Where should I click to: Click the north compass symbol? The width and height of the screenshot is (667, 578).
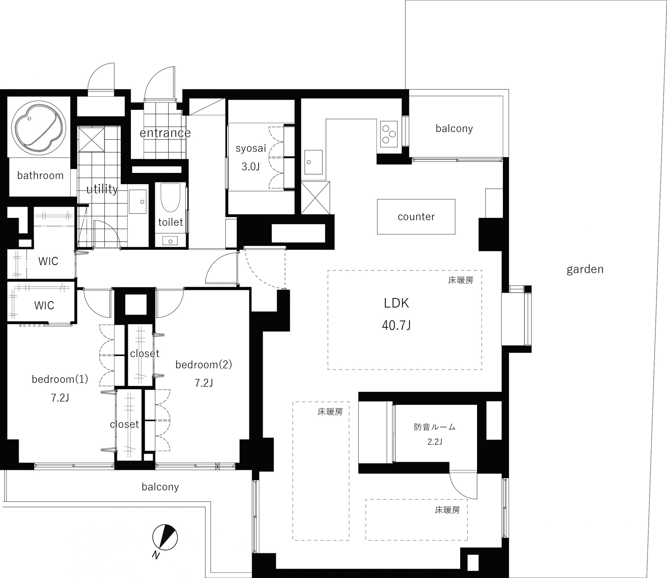tap(165, 537)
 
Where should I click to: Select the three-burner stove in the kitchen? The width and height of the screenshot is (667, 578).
tap(389, 134)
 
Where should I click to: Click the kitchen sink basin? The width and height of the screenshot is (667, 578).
tap(313, 162)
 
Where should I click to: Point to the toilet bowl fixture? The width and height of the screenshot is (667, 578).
tap(170, 197)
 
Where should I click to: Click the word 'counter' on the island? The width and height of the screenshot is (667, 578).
tap(416, 217)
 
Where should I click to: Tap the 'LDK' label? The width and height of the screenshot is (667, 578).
tap(396, 303)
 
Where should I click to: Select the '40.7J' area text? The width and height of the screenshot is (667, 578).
tap(396, 325)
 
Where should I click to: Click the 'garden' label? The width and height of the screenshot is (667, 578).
tap(585, 269)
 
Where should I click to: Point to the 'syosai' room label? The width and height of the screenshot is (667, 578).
tap(251, 148)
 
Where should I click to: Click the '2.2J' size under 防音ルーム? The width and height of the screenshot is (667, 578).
tap(435, 442)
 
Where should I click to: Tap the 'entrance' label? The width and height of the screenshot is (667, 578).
tap(165, 133)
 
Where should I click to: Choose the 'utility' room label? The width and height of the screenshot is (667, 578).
tap(102, 189)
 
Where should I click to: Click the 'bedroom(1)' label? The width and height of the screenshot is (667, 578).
tap(60, 379)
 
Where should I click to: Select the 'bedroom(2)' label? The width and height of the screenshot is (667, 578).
tap(203, 365)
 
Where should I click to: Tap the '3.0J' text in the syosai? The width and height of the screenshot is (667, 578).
tap(251, 167)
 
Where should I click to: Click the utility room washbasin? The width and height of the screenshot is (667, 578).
tap(138, 202)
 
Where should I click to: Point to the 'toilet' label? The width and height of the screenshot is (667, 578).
tap(170, 222)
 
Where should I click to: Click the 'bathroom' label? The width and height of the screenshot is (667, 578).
tap(40, 175)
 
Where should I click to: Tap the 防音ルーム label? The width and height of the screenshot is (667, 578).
tap(435, 427)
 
